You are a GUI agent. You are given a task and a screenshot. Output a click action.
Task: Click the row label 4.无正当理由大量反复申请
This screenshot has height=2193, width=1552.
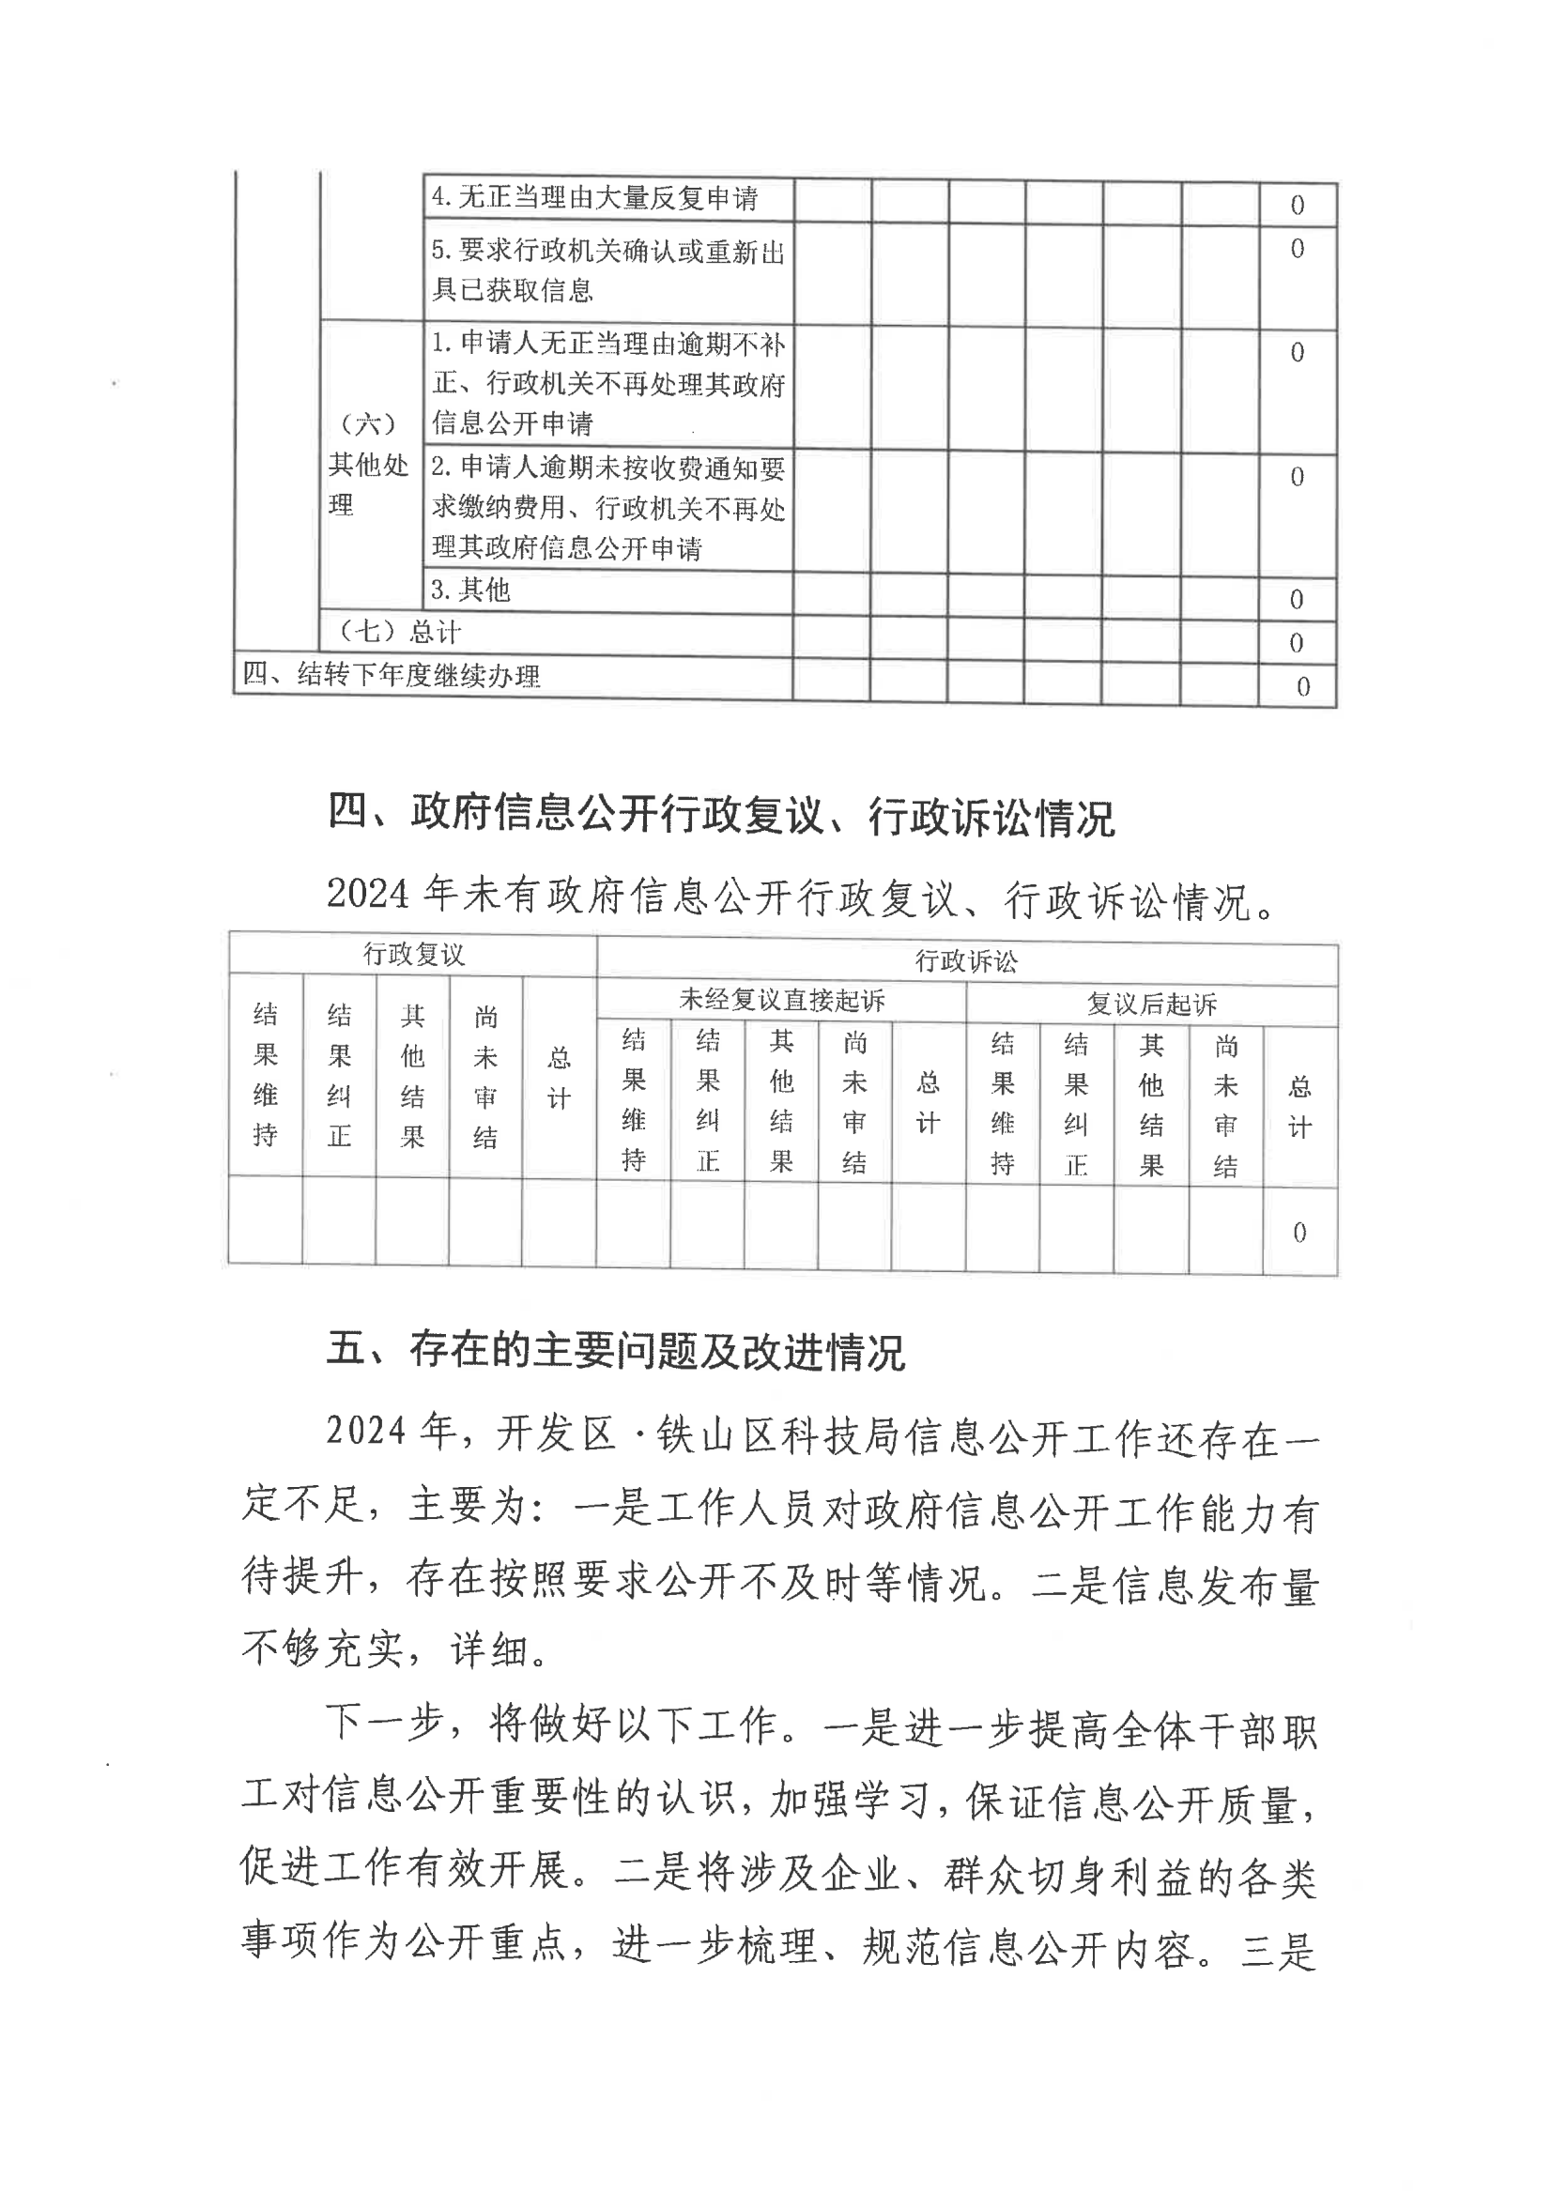tap(594, 198)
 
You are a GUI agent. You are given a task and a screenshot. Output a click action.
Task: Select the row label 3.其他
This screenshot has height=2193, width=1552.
tap(471, 590)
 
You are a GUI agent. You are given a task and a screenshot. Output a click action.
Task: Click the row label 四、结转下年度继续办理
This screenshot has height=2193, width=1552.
tap(391, 676)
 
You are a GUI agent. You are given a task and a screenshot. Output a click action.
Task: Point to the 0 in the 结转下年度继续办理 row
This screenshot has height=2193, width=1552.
tap(1302, 687)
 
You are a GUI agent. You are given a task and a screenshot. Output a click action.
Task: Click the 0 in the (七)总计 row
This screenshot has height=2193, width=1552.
tap(1296, 643)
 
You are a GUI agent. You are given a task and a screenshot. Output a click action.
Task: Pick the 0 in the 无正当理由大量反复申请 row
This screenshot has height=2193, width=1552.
tap(1297, 205)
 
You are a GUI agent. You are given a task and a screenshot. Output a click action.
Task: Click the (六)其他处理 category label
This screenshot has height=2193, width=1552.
tap(368, 465)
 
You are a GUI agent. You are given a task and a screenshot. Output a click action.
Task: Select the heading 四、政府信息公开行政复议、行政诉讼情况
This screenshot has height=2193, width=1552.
tap(720, 815)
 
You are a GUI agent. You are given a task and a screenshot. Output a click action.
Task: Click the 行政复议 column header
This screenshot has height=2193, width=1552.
tap(413, 955)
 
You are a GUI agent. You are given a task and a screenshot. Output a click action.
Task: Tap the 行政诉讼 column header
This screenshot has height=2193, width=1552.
tap(966, 961)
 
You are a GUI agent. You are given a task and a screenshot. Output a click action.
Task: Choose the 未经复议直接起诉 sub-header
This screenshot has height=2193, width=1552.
tap(781, 1001)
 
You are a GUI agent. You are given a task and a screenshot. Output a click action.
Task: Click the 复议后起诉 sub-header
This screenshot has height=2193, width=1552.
tap(1152, 1004)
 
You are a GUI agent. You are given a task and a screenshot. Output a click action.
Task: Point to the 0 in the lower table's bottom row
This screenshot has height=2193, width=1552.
tap(1299, 1233)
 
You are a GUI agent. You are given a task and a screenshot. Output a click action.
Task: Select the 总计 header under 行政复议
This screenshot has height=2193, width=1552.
tap(559, 1078)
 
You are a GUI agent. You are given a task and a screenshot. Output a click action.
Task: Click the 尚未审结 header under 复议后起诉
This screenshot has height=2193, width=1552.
tap(1225, 1107)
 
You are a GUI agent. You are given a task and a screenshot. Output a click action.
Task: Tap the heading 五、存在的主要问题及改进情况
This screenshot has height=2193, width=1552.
tap(616, 1350)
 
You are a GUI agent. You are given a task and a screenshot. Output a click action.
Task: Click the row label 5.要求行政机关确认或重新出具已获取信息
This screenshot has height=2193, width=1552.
tap(607, 270)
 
